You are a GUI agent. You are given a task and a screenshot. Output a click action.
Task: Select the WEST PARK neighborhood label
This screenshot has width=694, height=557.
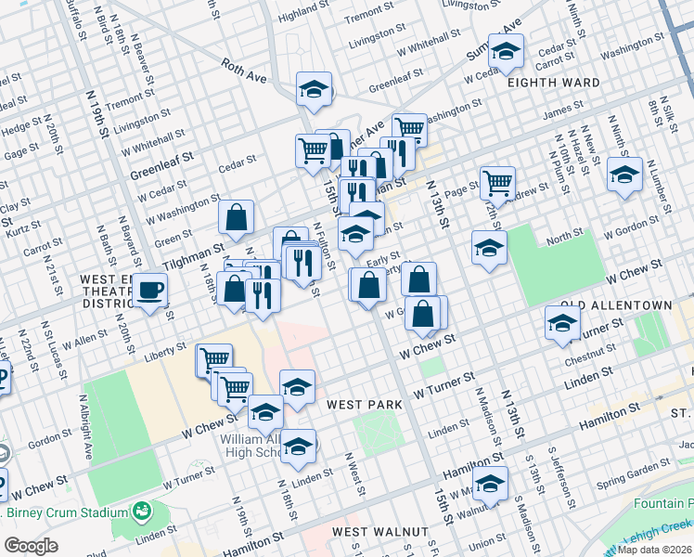coord(364,405)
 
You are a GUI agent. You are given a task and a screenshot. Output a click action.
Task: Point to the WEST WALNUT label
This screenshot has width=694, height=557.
coord(380,532)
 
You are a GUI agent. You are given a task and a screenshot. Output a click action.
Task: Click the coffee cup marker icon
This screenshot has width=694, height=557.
coord(149,290)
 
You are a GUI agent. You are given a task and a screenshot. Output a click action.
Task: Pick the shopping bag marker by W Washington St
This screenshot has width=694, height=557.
coord(237,217)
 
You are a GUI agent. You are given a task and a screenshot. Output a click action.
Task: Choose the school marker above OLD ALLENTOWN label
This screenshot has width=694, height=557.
coord(562,324)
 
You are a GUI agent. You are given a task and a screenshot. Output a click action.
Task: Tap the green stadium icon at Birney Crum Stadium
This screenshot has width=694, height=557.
coord(141,512)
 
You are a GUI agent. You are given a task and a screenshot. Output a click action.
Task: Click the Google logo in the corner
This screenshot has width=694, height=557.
coord(31,545)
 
